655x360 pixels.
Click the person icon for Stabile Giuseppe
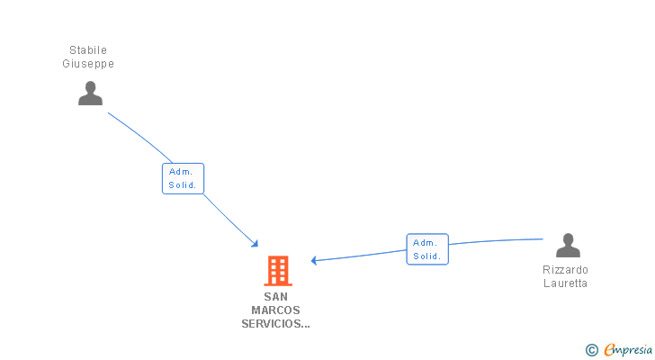(x=90, y=94)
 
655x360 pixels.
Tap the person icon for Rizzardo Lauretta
(x=568, y=246)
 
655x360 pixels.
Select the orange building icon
(x=277, y=271)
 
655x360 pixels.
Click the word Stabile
(x=88, y=50)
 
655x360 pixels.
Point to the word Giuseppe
(x=88, y=64)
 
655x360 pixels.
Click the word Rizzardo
(x=565, y=270)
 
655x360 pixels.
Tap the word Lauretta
(x=565, y=283)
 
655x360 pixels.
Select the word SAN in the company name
(x=275, y=296)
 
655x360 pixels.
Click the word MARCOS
(x=275, y=310)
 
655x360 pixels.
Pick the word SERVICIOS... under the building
(x=275, y=323)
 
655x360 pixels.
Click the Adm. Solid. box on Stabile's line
(x=183, y=178)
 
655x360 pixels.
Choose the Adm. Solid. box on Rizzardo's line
(x=426, y=249)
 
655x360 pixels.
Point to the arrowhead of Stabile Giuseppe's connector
(x=256, y=244)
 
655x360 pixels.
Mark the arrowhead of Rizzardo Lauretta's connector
(x=314, y=260)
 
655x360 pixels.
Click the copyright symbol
(x=591, y=350)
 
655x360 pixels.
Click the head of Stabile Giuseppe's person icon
(x=90, y=87)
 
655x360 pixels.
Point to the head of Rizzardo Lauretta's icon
(x=568, y=239)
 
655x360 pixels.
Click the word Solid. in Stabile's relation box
(x=183, y=185)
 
